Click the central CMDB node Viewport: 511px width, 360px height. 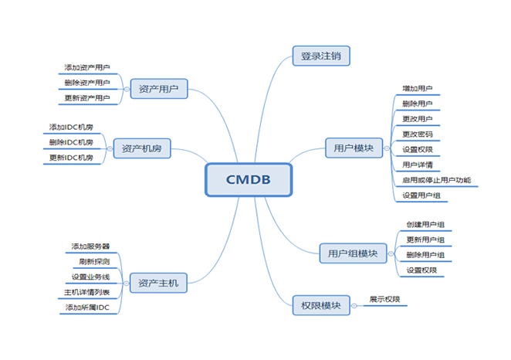(x=249, y=180)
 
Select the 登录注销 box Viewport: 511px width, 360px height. (x=322, y=56)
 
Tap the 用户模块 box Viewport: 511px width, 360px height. (x=354, y=148)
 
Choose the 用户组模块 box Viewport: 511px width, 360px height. (x=353, y=253)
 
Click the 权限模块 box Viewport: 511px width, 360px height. (x=321, y=305)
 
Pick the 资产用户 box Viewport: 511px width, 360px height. (x=159, y=90)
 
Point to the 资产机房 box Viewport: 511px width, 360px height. (x=142, y=148)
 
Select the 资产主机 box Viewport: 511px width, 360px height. (x=158, y=284)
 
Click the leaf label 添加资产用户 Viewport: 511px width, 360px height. (x=87, y=67)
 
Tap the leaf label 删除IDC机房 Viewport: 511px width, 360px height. (x=71, y=142)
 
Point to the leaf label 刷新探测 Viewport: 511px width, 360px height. (x=94, y=261)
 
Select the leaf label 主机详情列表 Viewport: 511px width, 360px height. (x=86, y=293)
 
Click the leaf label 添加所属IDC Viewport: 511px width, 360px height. (x=86, y=308)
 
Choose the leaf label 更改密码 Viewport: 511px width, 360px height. (x=418, y=134)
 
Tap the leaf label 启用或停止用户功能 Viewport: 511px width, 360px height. (x=436, y=180)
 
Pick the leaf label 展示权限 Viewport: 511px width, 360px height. (x=384, y=300)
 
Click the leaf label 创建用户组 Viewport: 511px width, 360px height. (x=425, y=224)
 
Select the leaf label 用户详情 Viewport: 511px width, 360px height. (x=418, y=165)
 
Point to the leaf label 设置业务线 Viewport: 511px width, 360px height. (x=90, y=277)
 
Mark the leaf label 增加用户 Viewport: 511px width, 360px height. (x=418, y=88)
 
